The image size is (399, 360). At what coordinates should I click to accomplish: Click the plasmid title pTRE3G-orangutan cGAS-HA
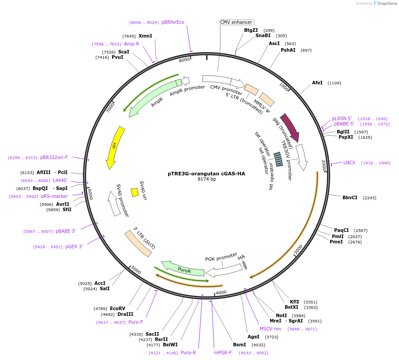tap(206, 174)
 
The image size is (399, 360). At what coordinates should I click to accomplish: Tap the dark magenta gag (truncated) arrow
tap(290, 127)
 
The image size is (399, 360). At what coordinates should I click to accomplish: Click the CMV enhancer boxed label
tap(236, 22)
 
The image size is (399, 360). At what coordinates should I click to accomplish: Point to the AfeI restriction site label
tap(317, 83)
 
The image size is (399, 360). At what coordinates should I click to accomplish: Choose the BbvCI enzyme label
tap(350, 197)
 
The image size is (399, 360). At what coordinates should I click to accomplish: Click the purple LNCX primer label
tap(349, 163)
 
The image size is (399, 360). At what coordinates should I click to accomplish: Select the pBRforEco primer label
tap(173, 22)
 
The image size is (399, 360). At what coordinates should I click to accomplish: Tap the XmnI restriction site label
tap(145, 36)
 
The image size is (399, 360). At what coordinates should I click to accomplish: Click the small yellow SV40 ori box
tap(135, 192)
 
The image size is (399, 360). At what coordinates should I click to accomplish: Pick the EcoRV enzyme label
tap(118, 308)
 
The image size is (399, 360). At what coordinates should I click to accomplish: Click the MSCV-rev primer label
tap(270, 329)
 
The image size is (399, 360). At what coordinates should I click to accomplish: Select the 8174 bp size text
tap(207, 179)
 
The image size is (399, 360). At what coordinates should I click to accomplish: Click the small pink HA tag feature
tap(245, 265)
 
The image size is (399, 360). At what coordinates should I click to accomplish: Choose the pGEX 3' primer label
tap(74, 246)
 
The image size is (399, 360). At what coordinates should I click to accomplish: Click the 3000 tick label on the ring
tap(298, 250)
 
